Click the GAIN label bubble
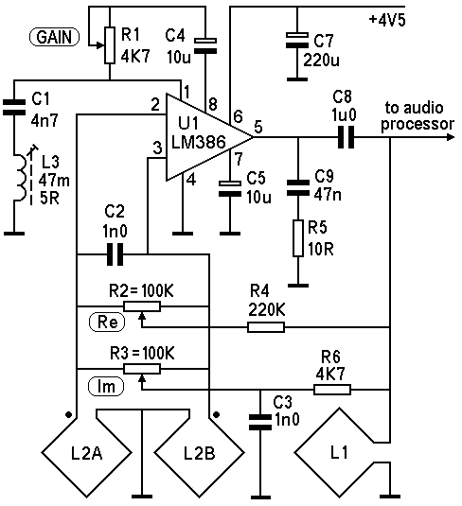point(54,37)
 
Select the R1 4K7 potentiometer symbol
point(110,45)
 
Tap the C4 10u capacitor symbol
point(205,45)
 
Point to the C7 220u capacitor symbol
point(297,41)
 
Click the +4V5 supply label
point(387,20)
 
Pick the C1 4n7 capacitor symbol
point(14,108)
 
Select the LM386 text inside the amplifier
point(199,142)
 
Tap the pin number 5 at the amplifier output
point(258,127)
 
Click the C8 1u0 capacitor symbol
point(346,137)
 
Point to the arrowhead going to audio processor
point(451,137)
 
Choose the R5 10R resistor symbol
point(298,238)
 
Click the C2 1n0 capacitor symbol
point(115,254)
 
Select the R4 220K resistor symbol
point(266,327)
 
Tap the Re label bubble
point(107,323)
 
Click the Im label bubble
point(106,386)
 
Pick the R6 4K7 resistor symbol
point(332,390)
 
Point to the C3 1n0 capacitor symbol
point(260,423)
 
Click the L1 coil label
point(339,453)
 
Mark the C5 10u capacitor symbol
point(230,189)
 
